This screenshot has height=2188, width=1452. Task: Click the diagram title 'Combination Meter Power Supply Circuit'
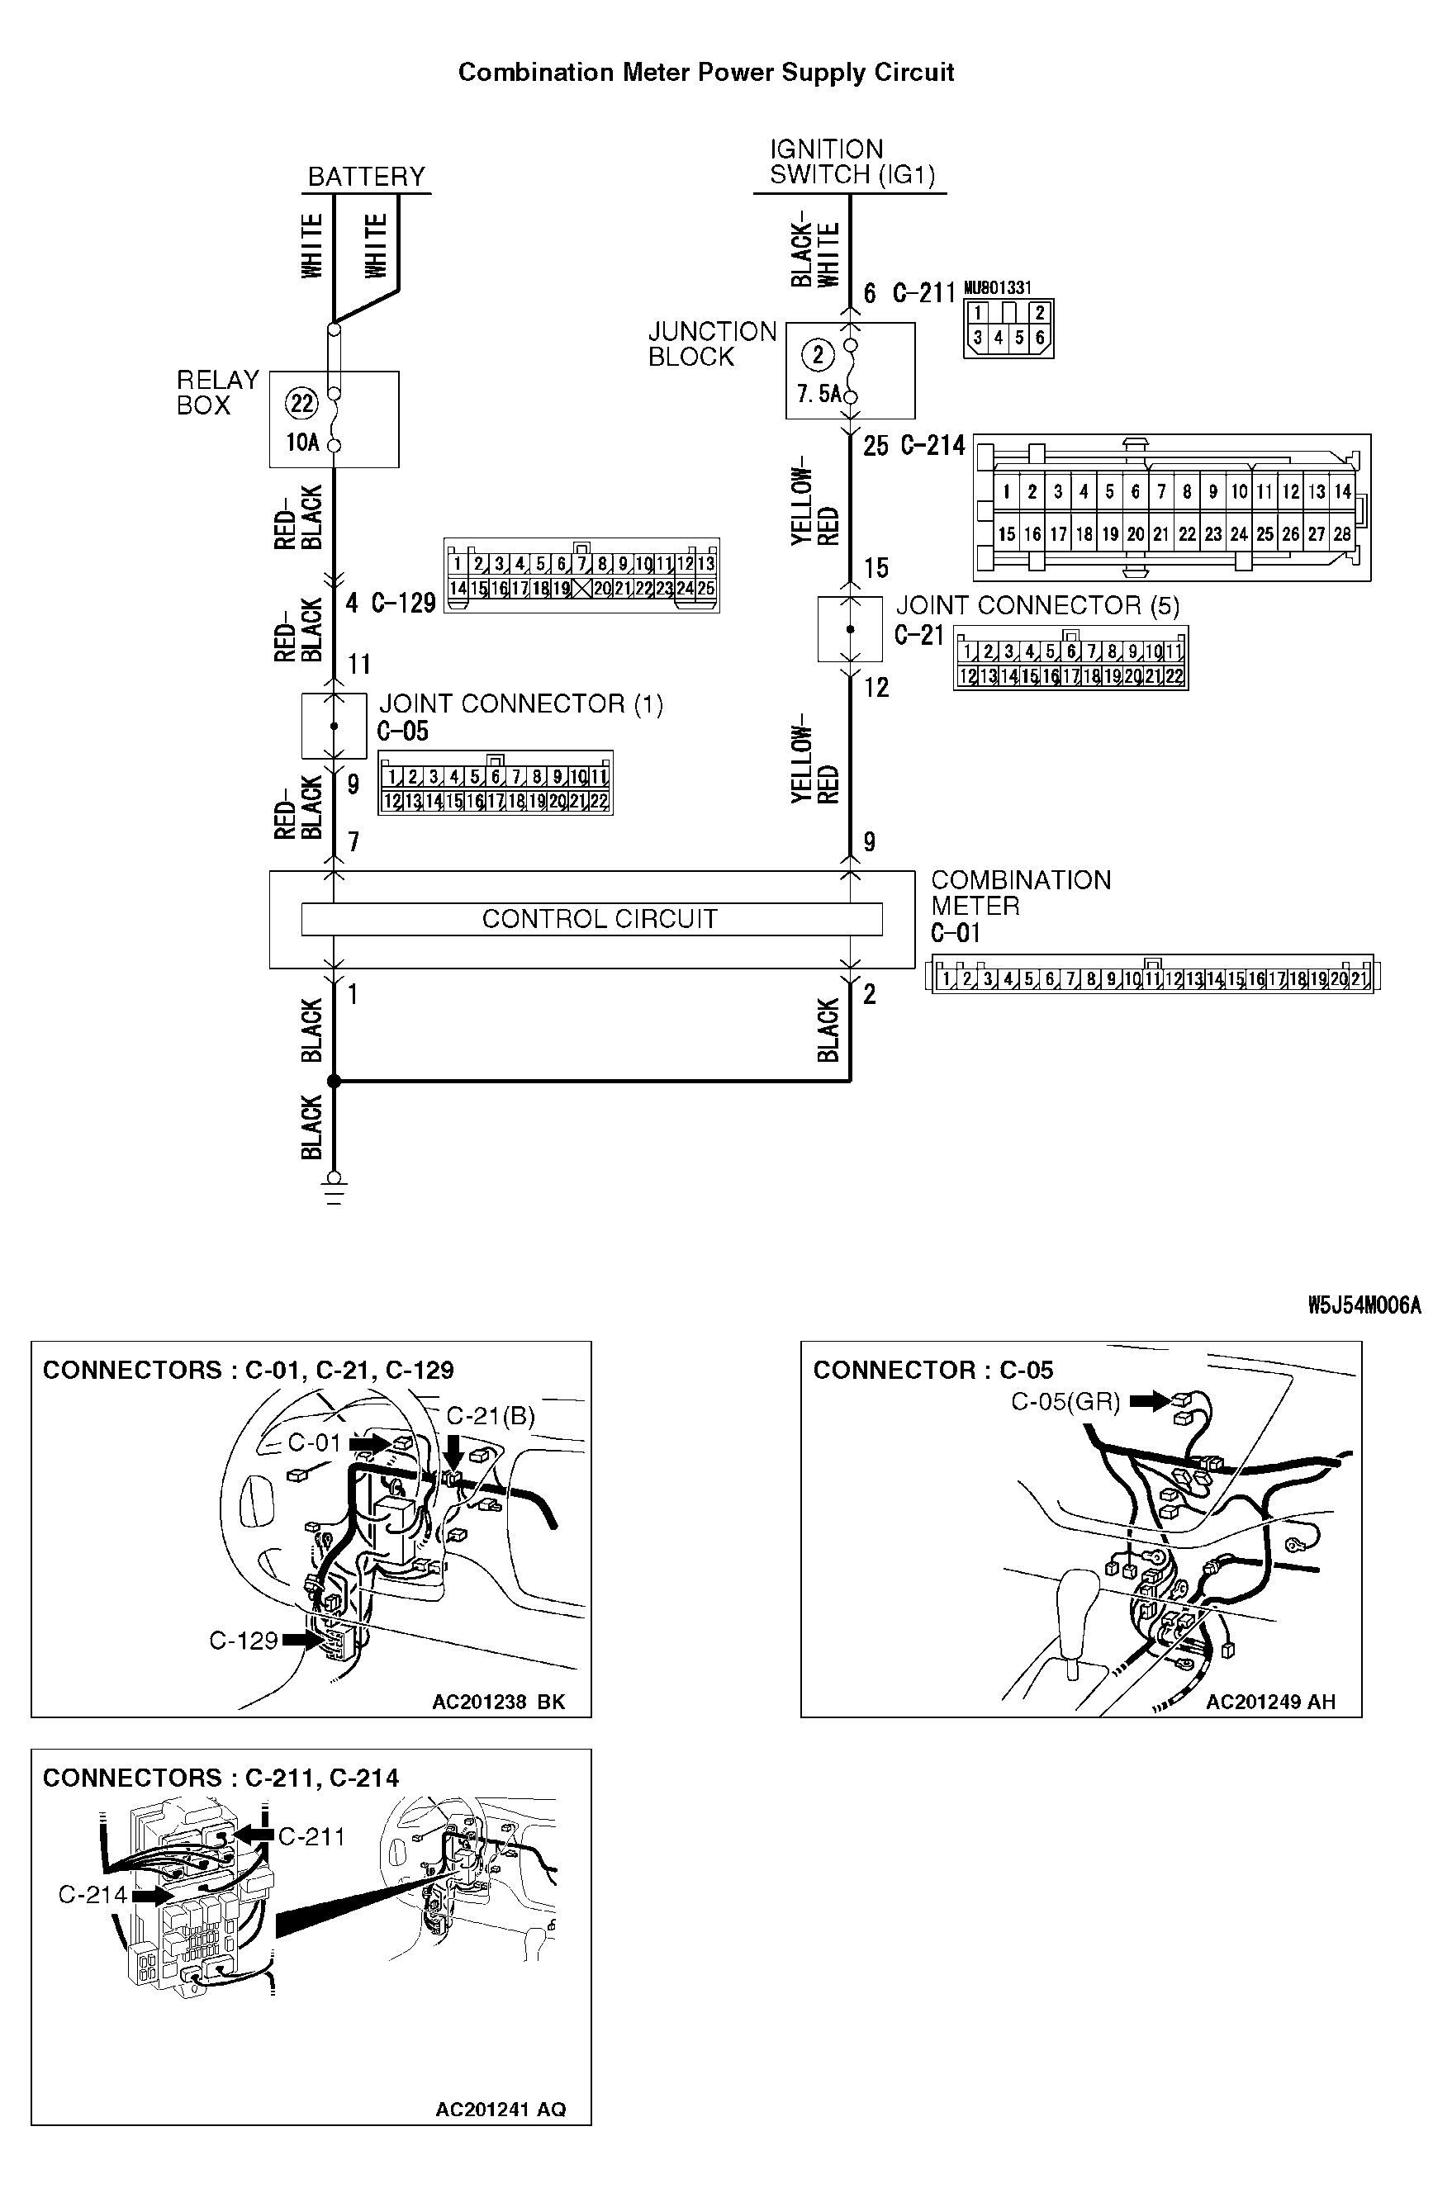[705, 72]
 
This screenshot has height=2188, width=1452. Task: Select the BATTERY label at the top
[366, 177]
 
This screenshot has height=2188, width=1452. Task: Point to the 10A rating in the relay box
[302, 443]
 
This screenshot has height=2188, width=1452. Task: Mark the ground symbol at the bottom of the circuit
[335, 1188]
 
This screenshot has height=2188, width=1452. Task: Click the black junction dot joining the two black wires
[335, 1080]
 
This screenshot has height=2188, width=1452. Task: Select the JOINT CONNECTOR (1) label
[520, 704]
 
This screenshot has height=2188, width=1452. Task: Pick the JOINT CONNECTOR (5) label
[1037, 605]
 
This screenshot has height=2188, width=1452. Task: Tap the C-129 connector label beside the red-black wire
[404, 604]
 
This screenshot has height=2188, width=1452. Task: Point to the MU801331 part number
[998, 288]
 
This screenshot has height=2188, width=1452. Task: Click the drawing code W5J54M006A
[1363, 1306]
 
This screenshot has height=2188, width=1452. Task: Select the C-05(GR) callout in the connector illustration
[1065, 1402]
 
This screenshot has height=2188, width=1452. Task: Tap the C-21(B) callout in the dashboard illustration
[490, 1416]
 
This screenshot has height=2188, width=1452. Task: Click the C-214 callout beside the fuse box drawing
[93, 1895]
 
